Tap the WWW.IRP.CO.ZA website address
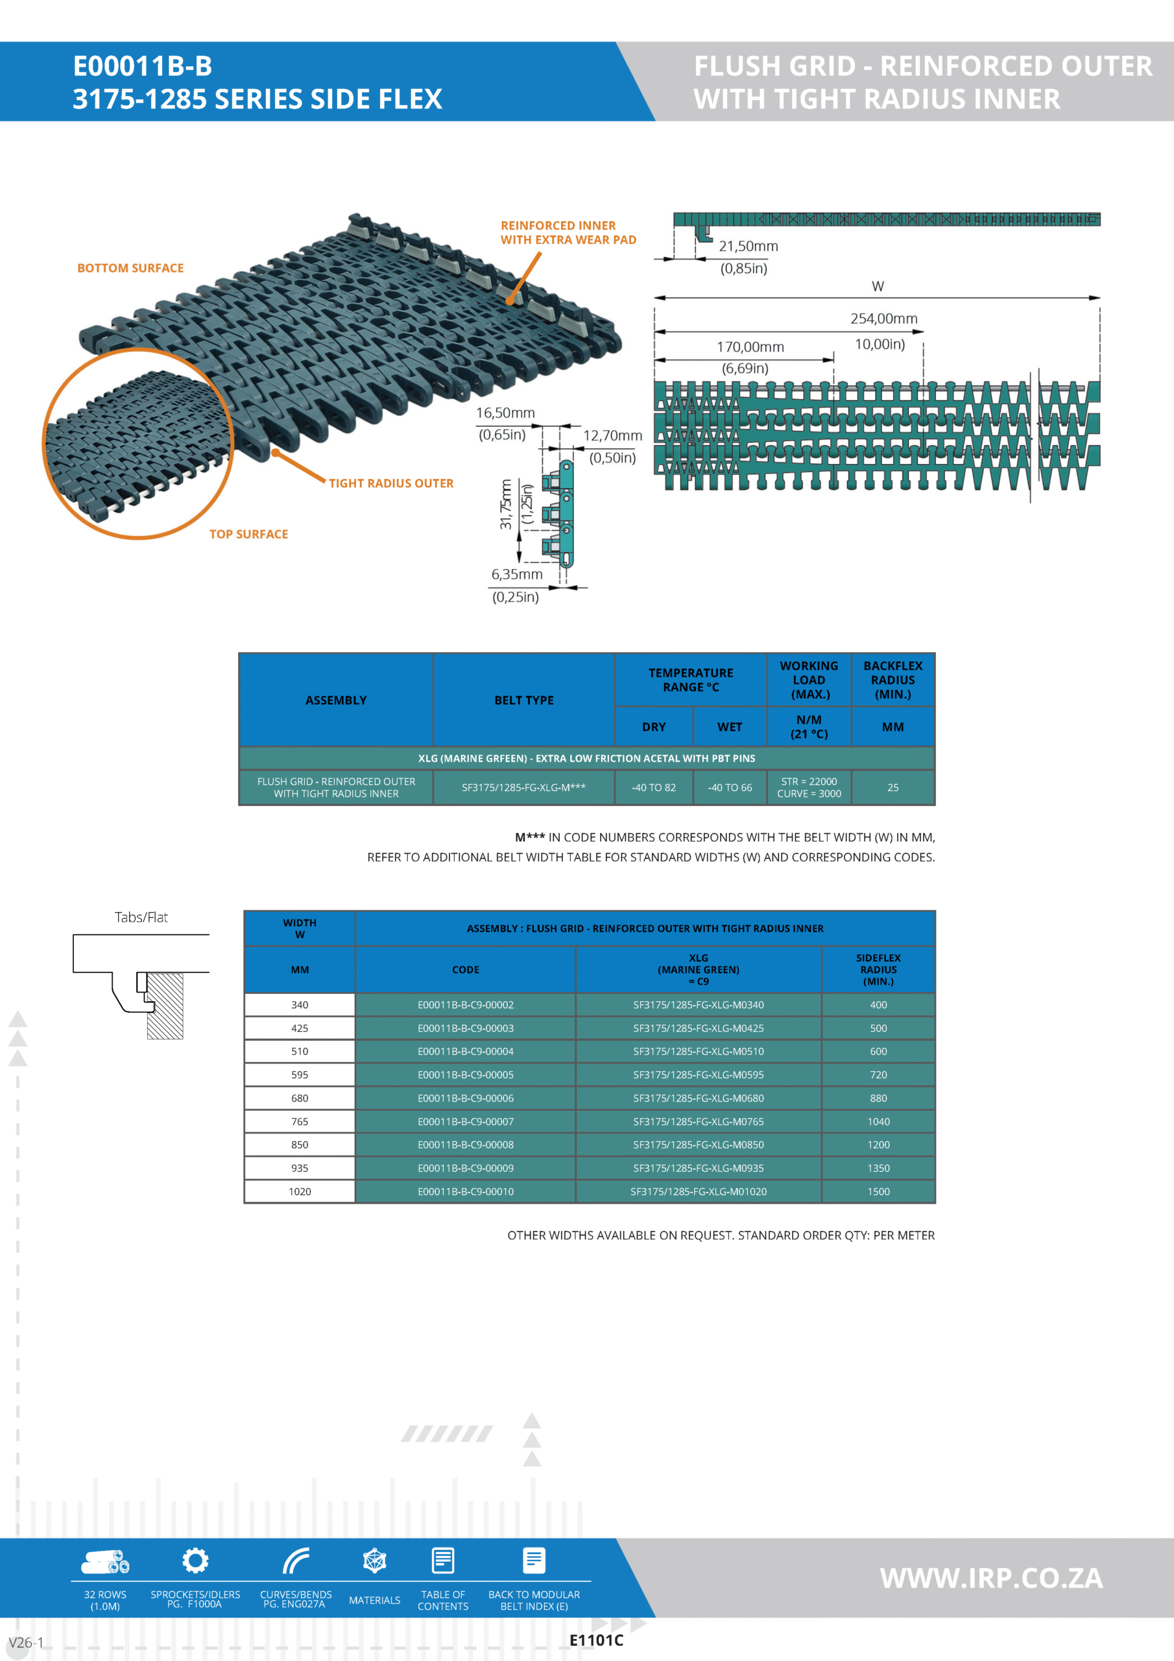[x=991, y=1578]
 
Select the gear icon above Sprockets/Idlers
[x=195, y=1560]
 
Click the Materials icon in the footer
[x=375, y=1560]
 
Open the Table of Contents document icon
[x=443, y=1560]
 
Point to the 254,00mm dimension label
[x=883, y=319]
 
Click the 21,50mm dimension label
[x=748, y=246]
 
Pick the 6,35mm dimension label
[x=516, y=574]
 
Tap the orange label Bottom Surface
[x=130, y=268]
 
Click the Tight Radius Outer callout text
[x=390, y=483]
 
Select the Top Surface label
[x=248, y=534]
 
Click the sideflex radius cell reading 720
[x=878, y=1074]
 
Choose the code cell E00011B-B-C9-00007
[x=465, y=1121]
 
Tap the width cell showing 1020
[x=300, y=1191]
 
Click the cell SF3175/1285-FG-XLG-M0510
[x=698, y=1051]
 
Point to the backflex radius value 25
[x=892, y=787]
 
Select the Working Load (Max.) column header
[x=809, y=679]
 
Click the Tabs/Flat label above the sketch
[x=141, y=917]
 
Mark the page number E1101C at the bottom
[x=596, y=1640]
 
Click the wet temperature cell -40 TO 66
[x=729, y=787]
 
